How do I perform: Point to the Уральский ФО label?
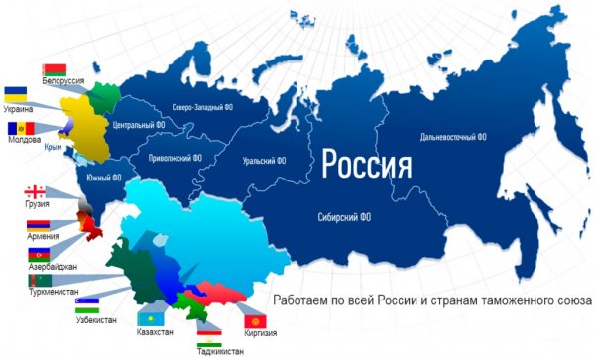264,160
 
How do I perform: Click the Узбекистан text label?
95,320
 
